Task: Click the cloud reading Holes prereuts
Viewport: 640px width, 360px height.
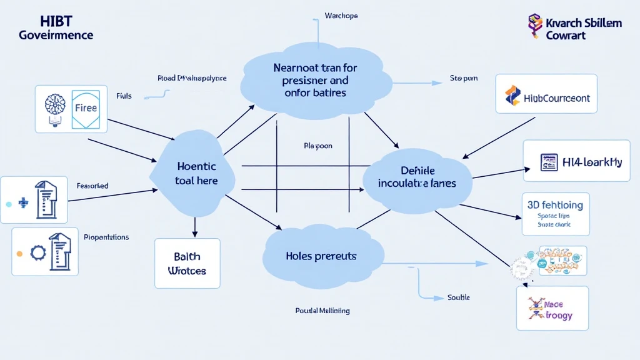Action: coord(321,256)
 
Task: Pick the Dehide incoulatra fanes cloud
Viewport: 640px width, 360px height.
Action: coord(418,177)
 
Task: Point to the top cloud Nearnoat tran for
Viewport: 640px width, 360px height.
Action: coord(319,80)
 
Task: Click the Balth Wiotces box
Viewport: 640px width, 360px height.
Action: coord(187,263)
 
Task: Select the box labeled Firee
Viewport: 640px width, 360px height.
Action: coord(86,108)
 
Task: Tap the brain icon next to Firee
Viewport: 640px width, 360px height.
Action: coord(52,108)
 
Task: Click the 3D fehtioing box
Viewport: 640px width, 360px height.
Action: coord(554,213)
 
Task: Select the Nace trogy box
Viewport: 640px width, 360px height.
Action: coord(552,309)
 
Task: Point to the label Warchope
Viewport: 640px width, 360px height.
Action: coord(341,16)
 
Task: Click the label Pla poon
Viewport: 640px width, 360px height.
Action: coord(317,146)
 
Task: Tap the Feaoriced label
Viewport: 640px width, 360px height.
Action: coord(92,186)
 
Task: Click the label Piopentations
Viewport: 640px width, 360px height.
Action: coord(106,237)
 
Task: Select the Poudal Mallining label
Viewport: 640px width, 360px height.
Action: coord(322,311)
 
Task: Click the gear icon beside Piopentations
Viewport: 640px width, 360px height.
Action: coord(37,253)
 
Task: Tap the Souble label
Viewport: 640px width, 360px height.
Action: coord(458,297)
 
